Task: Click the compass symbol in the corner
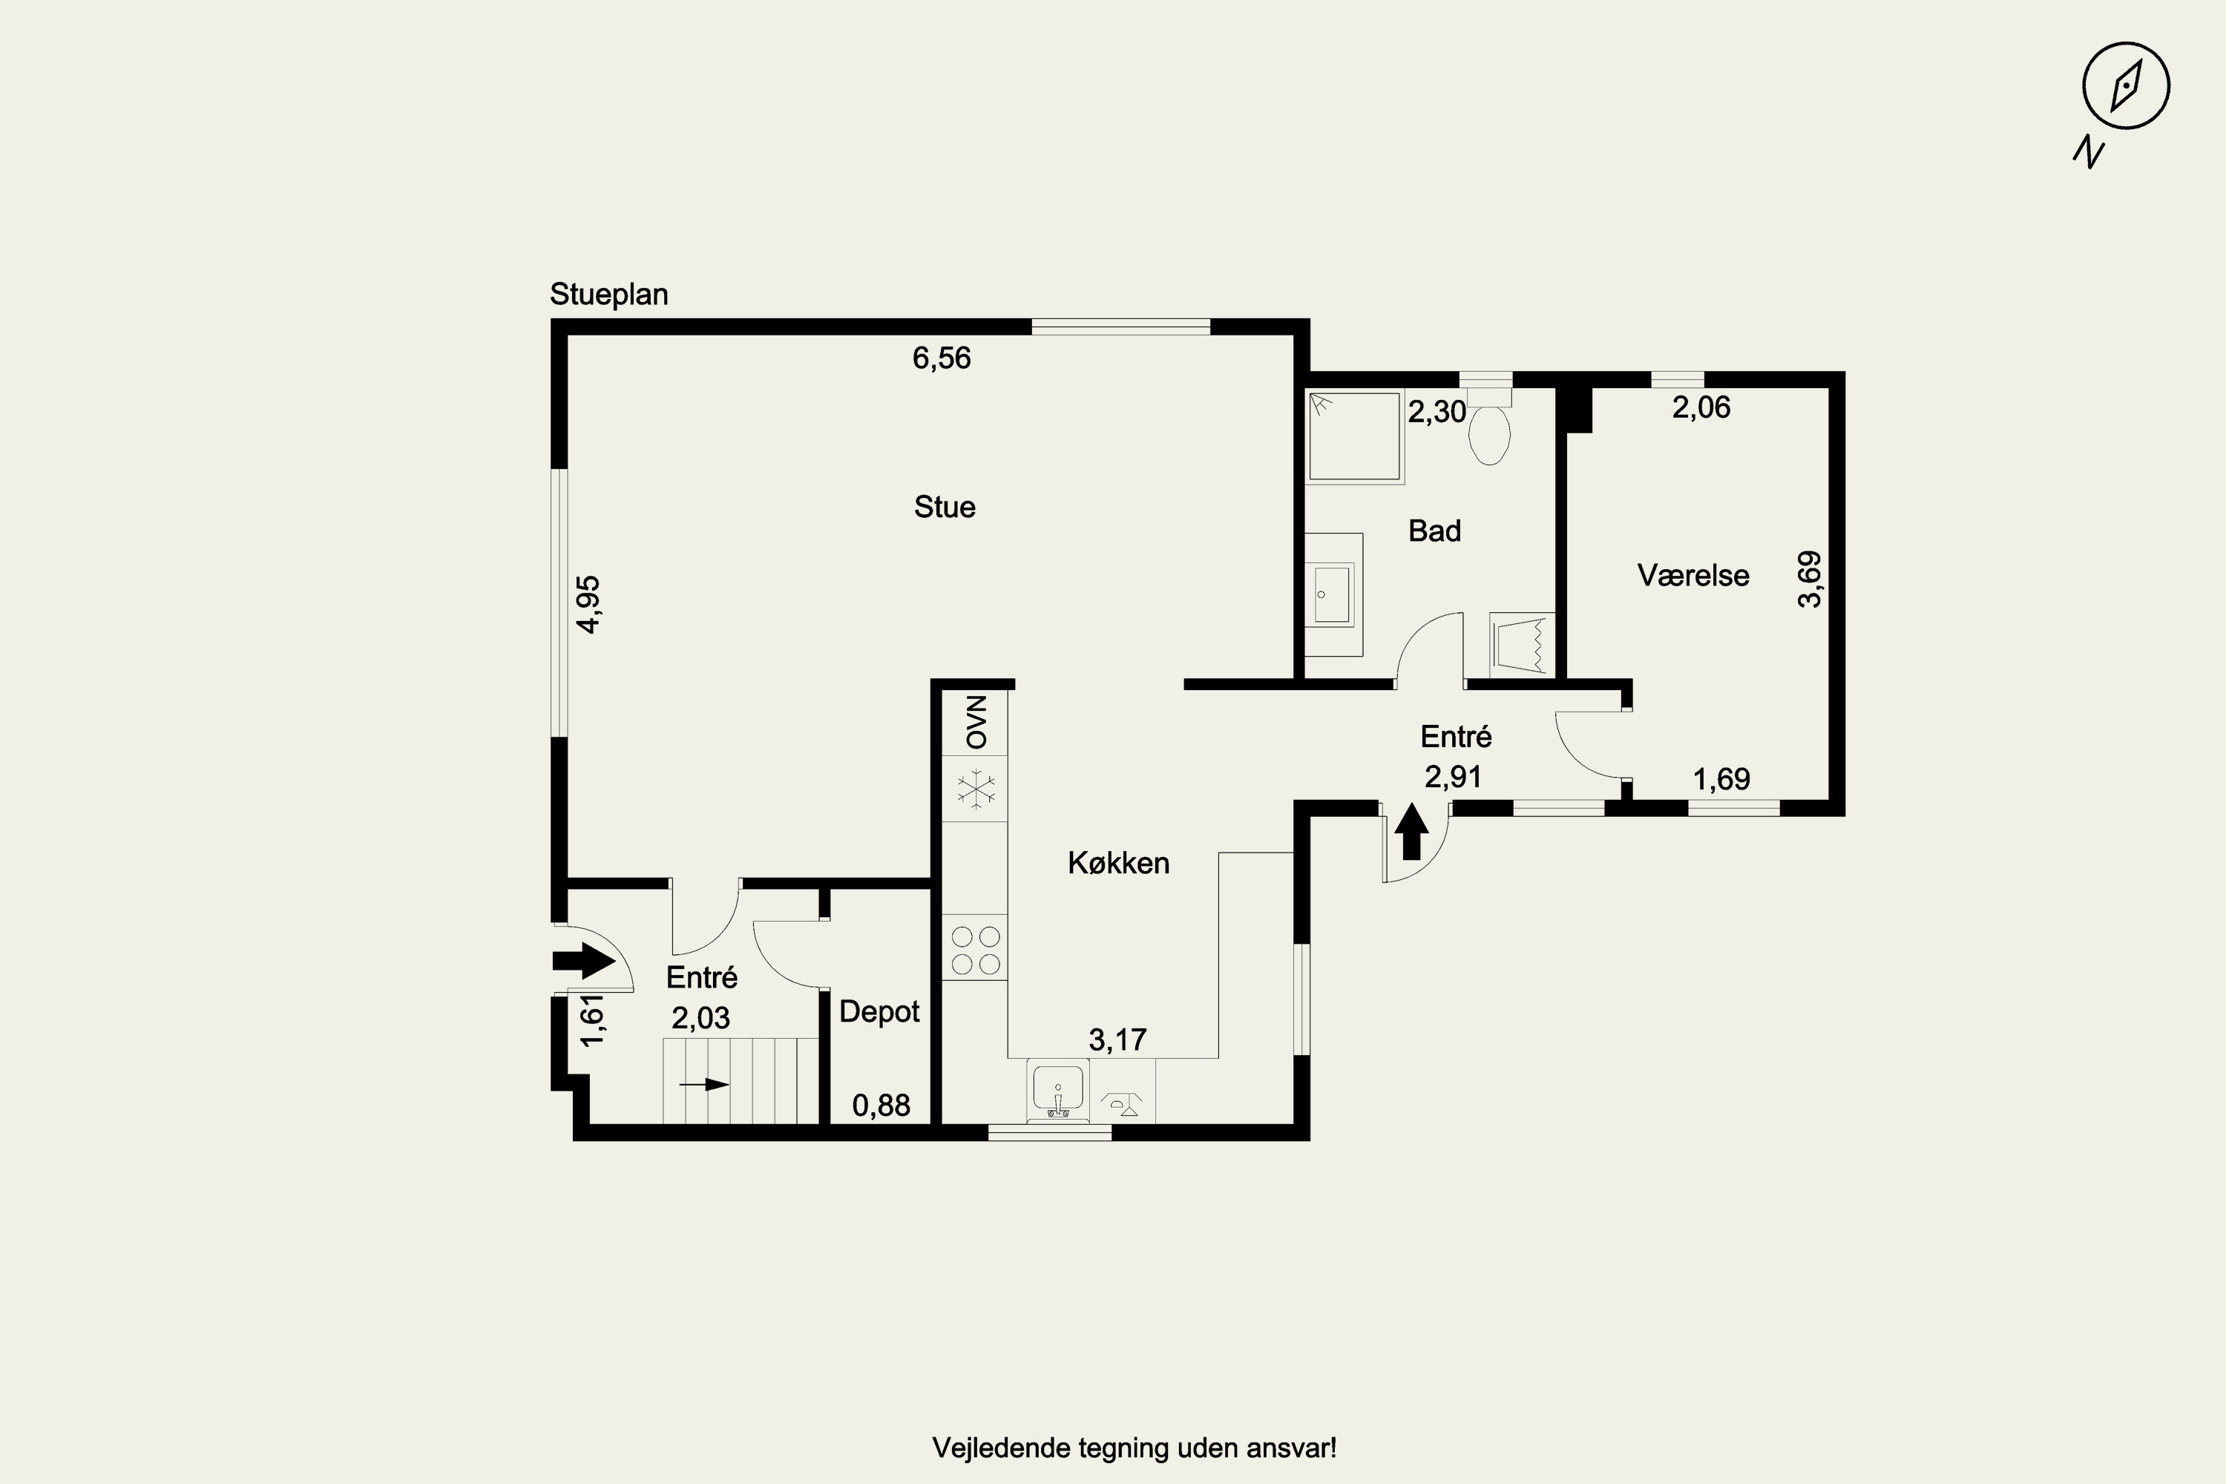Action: [2126, 86]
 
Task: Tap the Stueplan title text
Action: [608, 295]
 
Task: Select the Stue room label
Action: [945, 508]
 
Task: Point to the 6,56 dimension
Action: [942, 358]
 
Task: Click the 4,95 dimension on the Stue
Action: [588, 605]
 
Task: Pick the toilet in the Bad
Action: [1488, 427]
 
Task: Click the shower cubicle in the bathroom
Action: [1354, 437]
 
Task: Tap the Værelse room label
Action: [1693, 576]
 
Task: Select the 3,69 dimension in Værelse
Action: [1810, 580]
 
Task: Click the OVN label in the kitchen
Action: [976, 722]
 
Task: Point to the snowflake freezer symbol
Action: [975, 789]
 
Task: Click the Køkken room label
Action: [1119, 863]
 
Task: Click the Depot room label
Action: [879, 1013]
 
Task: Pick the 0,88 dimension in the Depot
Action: [881, 1106]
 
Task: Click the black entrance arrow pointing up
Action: [1411, 832]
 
